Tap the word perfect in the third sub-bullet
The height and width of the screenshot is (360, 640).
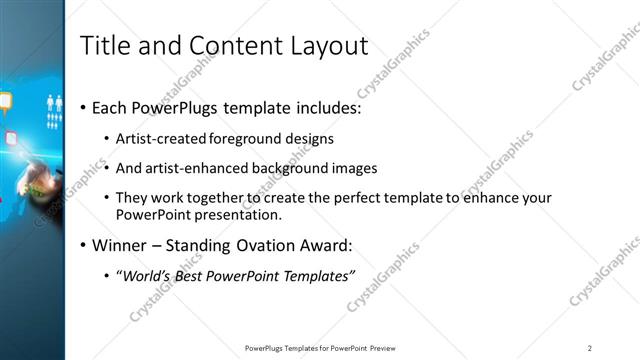(348, 198)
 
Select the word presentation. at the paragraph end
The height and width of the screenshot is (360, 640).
(254, 214)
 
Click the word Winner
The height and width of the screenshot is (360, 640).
(120, 245)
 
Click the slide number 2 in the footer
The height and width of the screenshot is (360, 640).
(589, 348)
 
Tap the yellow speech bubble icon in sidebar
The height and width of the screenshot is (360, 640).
(5, 100)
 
